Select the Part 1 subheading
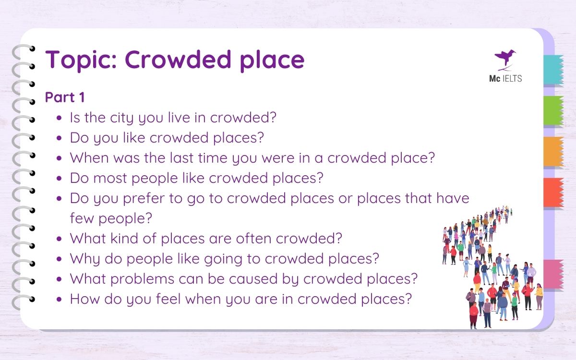click(x=65, y=97)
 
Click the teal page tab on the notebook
click(x=553, y=70)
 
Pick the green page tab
click(x=553, y=111)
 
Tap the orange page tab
click(x=553, y=152)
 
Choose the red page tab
click(x=553, y=192)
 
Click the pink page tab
click(x=553, y=274)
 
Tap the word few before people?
click(x=81, y=218)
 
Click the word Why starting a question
click(x=85, y=258)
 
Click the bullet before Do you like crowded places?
click(x=59, y=138)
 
